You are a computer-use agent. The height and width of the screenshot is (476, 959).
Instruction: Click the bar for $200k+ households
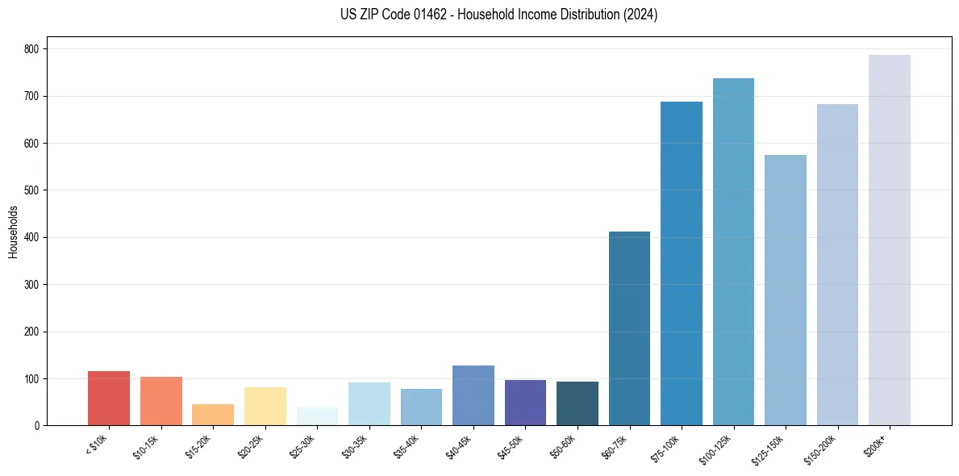point(890,242)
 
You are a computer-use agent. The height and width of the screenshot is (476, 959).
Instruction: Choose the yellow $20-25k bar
point(265,407)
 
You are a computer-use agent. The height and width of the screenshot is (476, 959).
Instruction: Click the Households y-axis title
point(14,232)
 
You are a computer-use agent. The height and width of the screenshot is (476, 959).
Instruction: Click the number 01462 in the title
point(429,15)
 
